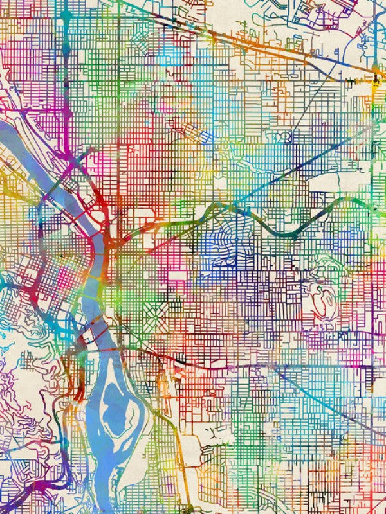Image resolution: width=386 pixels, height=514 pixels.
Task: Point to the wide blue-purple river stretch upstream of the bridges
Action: tap(39, 148)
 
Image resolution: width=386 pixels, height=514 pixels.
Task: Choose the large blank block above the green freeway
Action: tap(322, 183)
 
